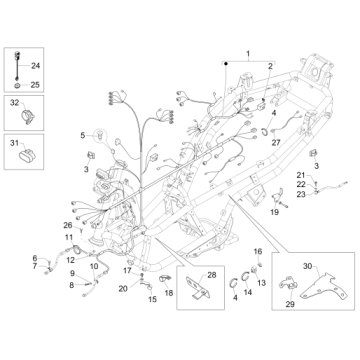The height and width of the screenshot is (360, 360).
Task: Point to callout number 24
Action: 38,66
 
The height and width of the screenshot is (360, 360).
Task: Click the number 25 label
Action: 38,85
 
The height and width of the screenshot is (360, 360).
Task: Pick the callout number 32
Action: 13,103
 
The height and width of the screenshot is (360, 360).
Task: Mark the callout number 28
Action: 212,274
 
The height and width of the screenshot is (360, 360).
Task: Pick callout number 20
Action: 122,288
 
